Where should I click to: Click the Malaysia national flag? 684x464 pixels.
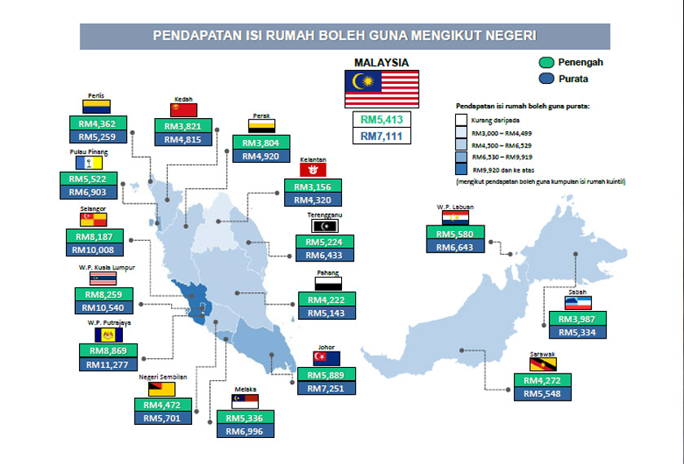point(382,89)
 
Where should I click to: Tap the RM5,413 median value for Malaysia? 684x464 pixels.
point(382,120)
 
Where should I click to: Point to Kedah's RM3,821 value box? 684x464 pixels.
point(183,126)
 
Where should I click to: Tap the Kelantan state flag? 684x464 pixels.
point(313,169)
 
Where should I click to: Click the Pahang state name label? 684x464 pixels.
point(329,274)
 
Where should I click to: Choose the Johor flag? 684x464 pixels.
point(326,357)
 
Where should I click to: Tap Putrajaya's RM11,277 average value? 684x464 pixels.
point(108,365)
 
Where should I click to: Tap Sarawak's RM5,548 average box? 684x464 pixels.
point(541,395)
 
